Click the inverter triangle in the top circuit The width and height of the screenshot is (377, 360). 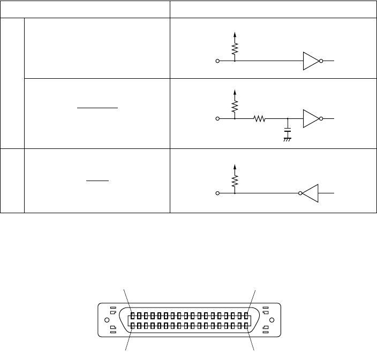pos(311,61)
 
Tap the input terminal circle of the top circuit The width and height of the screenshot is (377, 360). pos(217,61)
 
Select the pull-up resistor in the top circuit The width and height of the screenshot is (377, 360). pos(234,50)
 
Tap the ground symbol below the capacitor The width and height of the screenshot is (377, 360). pos(288,140)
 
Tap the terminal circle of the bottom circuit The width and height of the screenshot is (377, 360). pos(217,193)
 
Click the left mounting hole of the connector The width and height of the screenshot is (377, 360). pos(105,320)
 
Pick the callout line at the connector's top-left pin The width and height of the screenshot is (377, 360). pos(127,301)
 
